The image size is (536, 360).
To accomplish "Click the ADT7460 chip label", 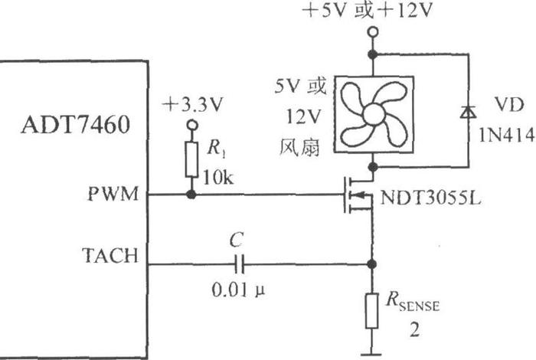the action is (76, 124).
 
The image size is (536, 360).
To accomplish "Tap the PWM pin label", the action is (113, 195).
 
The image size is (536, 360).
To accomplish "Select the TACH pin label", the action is (110, 256).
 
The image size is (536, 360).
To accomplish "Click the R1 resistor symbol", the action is (191, 159).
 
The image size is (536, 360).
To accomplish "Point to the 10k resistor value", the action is (218, 178).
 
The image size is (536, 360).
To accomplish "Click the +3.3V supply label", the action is (192, 105).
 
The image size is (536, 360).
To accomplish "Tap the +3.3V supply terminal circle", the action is (192, 125).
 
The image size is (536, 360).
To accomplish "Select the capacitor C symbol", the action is (239, 264).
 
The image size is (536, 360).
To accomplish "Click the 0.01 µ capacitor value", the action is (238, 290).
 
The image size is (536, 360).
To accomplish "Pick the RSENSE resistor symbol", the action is (372, 311).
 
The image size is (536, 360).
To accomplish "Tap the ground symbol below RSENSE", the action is (371, 354).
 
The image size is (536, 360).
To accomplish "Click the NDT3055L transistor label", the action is (430, 198).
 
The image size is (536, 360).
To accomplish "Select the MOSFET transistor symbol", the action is (358, 195).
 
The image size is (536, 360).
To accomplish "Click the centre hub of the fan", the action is (374, 115).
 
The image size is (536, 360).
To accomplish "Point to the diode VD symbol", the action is (469, 112).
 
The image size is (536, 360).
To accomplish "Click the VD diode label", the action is (509, 105).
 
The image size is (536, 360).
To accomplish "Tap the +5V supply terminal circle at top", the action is (373, 32).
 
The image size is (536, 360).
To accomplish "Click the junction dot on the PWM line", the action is (191, 195).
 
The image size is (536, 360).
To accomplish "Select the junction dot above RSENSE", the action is (372, 264).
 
